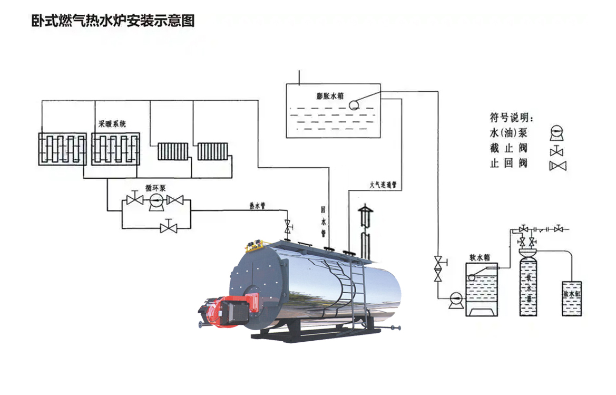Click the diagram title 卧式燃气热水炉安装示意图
click(x=113, y=21)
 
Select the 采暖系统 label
click(x=112, y=125)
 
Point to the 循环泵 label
click(x=156, y=188)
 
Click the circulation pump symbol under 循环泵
click(x=156, y=201)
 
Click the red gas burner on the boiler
click(x=228, y=310)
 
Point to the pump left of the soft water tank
click(x=454, y=300)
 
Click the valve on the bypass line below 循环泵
click(x=169, y=227)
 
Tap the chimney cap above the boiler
click(x=365, y=211)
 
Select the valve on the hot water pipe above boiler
click(x=288, y=228)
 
